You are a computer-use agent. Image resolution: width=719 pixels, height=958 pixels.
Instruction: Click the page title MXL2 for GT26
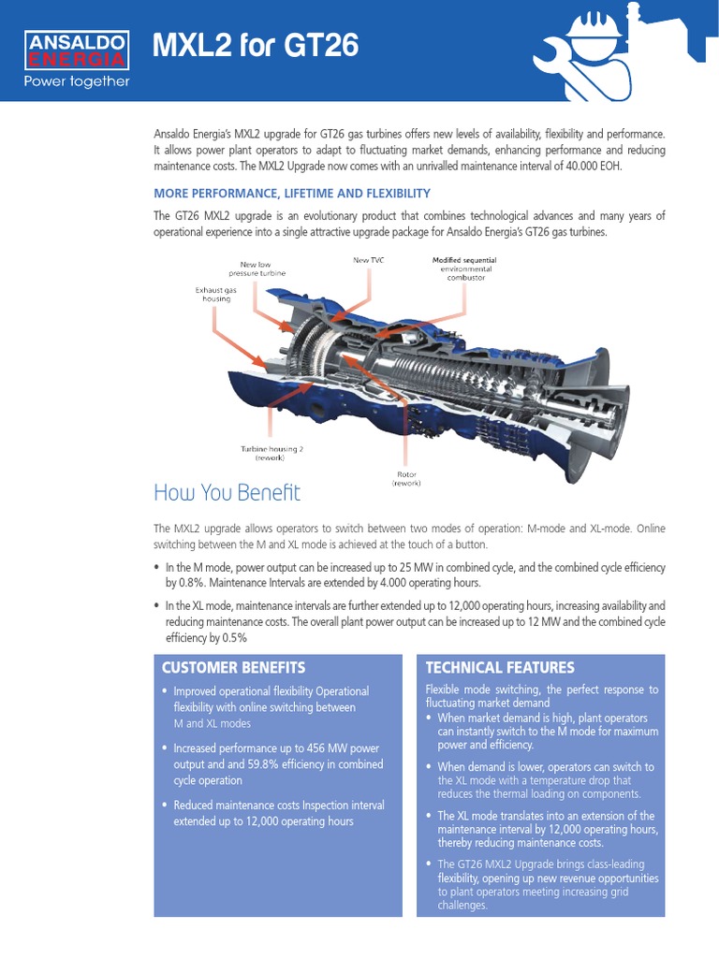pos(256,46)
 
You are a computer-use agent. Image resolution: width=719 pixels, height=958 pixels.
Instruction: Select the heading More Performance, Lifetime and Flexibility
pos(291,193)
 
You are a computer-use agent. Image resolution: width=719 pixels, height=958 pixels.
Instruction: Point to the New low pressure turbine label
pos(263,269)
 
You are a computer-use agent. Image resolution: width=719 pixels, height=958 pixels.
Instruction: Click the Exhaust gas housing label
pos(216,295)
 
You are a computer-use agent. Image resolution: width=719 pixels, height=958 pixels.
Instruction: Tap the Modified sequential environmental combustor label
pos(464,269)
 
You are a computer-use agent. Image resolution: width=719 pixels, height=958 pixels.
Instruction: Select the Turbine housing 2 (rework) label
pos(272,453)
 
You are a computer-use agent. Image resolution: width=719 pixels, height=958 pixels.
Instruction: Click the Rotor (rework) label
pos(406,478)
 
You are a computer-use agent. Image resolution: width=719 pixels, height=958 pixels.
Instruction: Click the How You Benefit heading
pos(227,492)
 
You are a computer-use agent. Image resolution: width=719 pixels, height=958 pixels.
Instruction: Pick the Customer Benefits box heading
pos(234,667)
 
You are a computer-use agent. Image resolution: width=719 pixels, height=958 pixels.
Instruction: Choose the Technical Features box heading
pos(500,667)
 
